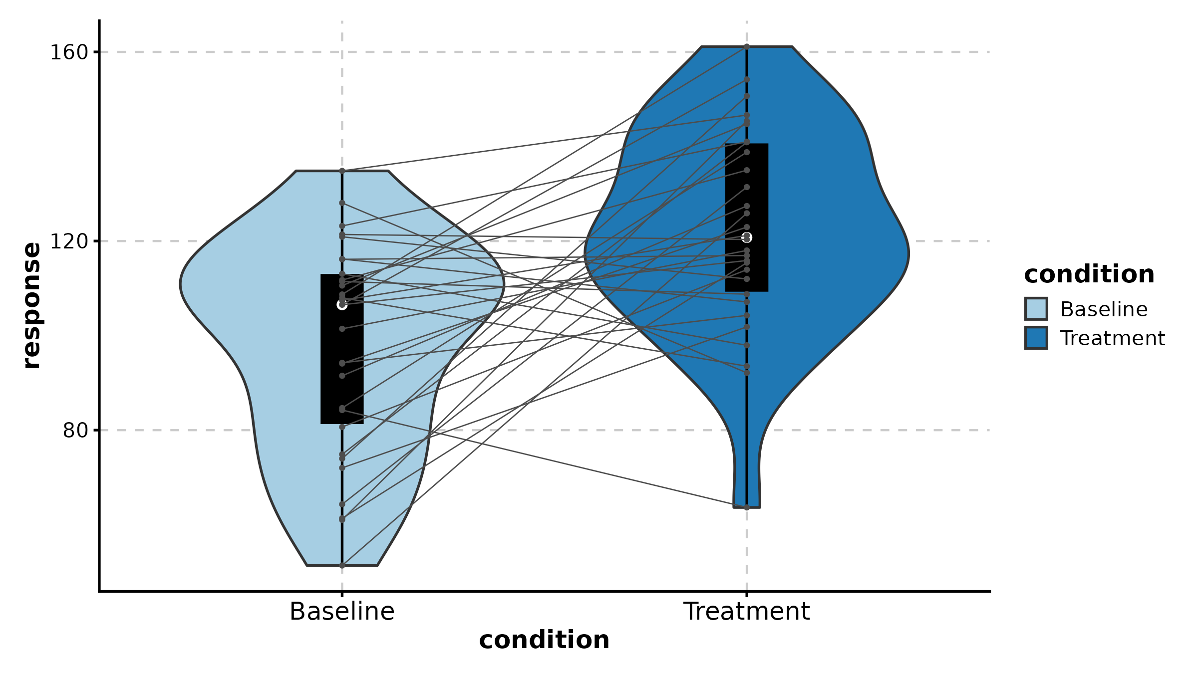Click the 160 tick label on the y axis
69,52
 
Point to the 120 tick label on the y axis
69,241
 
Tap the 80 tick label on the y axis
75,430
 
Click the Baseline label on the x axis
342,611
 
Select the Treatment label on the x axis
746,611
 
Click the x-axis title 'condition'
544,640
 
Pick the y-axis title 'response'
32,305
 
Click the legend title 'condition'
1089,274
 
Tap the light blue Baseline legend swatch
1036,309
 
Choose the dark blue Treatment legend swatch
1036,338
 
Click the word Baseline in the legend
1104,309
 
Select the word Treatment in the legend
1113,338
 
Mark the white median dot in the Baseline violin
342,304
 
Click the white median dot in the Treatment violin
747,237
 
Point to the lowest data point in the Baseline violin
342,565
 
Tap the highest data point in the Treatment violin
747,46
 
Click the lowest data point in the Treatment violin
747,507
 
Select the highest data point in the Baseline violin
342,171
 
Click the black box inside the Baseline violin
342,379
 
